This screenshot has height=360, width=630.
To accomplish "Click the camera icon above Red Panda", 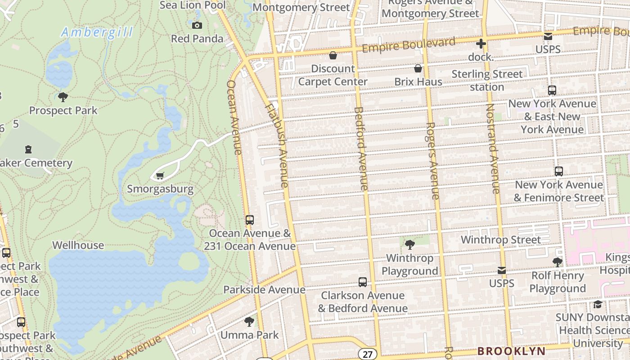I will [197, 25].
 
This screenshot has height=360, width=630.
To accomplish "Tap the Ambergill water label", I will [97, 32].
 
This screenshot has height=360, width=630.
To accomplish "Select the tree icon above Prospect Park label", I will [63, 97].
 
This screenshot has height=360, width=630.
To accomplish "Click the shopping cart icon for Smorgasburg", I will [160, 175].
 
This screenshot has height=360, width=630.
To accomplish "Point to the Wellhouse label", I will [78, 245].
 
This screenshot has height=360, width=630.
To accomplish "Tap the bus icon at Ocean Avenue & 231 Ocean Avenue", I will [250, 220].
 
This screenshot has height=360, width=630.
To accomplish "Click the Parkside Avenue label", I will [264, 289].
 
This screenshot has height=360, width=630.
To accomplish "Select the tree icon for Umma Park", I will [249, 322].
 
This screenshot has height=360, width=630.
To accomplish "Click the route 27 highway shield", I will [368, 354].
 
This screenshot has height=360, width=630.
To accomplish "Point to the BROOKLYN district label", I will [511, 351].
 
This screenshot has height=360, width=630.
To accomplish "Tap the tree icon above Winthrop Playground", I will [409, 245].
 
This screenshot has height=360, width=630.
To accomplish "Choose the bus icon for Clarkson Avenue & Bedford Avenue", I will [363, 282].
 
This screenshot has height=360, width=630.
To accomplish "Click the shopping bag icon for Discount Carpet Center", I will [333, 55].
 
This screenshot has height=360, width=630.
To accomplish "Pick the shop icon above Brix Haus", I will [418, 68].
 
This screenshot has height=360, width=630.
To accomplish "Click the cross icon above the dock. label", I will [481, 44].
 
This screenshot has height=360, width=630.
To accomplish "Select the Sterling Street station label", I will [487, 80].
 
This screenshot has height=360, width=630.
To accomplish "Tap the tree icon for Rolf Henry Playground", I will [558, 262].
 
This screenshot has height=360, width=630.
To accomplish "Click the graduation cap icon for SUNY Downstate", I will [598, 304].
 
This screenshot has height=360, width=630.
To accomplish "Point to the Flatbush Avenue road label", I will [277, 145].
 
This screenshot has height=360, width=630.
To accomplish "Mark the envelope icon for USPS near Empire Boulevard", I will [548, 36].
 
